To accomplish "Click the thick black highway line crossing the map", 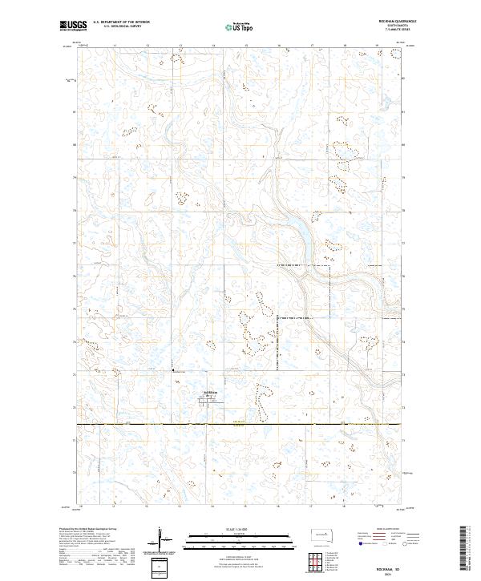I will (x=240, y=425).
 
